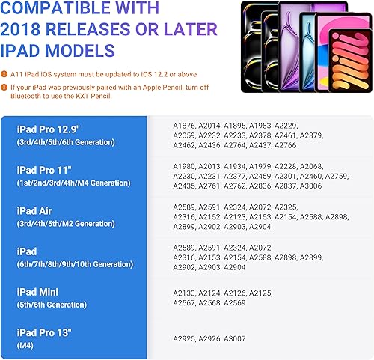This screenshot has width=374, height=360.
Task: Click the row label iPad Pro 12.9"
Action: click(49, 128)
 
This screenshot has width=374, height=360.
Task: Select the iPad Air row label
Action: click(33, 210)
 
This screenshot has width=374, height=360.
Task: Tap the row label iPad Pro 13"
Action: click(46, 332)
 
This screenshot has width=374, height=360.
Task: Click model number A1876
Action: click(184, 126)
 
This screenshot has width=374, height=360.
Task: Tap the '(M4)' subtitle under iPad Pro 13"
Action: click(24, 346)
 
